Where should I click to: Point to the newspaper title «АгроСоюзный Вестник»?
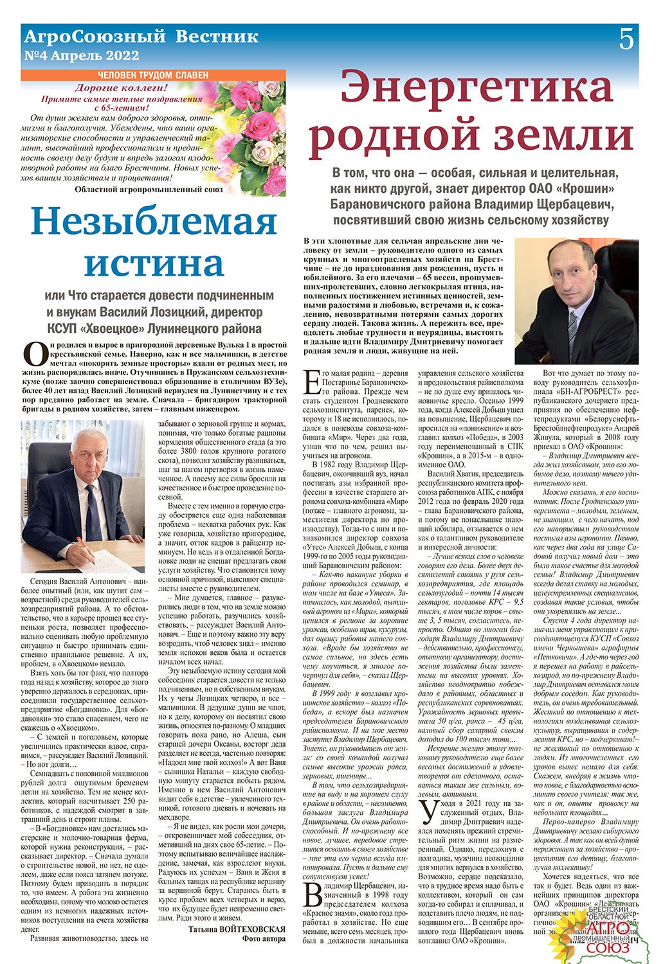[140, 36]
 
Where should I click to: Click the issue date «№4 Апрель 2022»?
[81, 55]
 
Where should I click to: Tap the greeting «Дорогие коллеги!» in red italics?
[122, 87]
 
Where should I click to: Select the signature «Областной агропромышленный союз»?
[149, 190]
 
